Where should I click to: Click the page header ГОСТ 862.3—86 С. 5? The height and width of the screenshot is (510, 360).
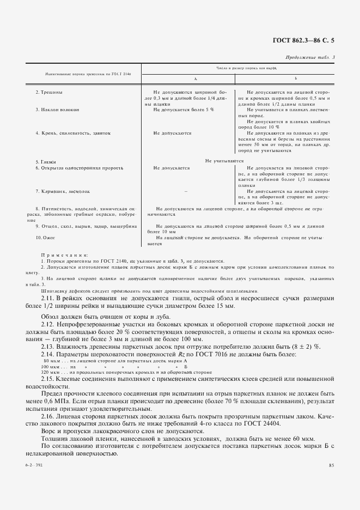tap(310, 40)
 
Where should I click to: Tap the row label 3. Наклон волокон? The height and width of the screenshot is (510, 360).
tap(57, 110)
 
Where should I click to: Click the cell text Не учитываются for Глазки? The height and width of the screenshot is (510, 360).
tap(224, 161)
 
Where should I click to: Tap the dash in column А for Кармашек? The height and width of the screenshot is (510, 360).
tap(186, 192)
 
